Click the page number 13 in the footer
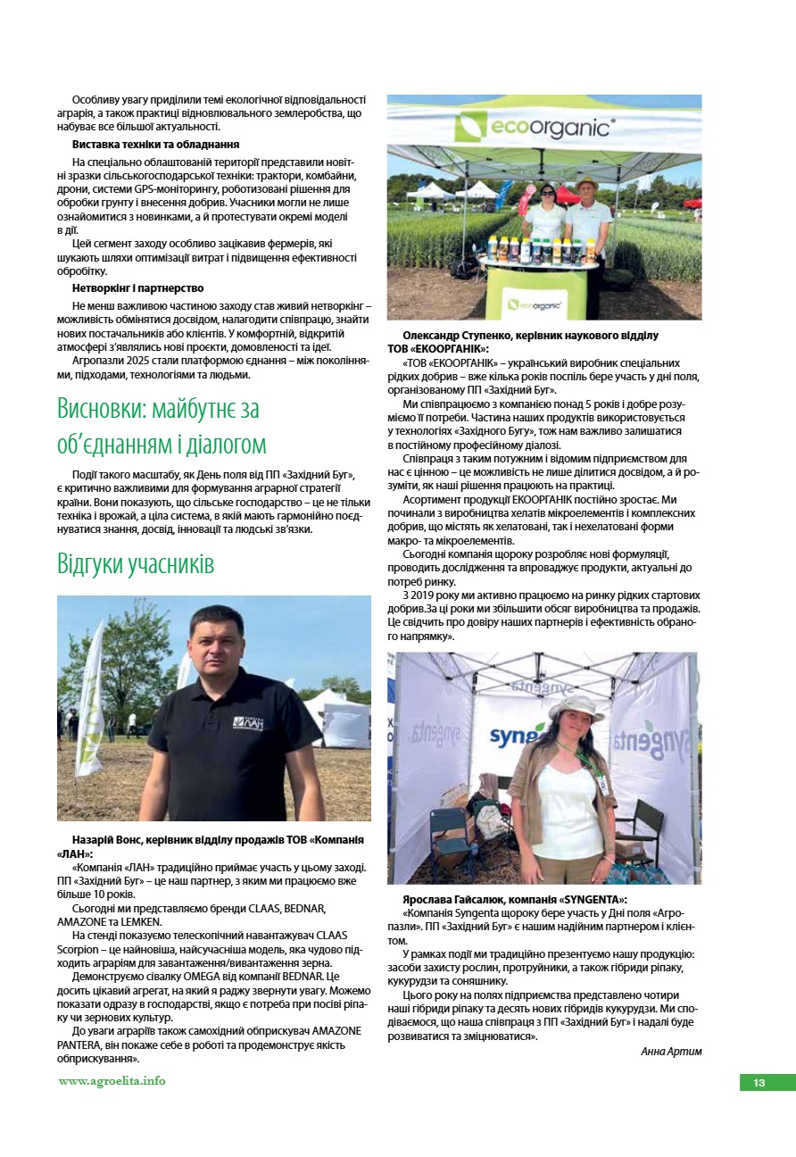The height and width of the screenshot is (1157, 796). [759, 1083]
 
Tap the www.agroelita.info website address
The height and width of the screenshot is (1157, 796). [112, 1080]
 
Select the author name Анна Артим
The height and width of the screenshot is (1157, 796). [671, 1051]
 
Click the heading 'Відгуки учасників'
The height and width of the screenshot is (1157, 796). [136, 564]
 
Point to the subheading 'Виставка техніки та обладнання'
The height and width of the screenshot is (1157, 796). [155, 144]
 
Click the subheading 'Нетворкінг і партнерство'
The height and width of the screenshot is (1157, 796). [137, 288]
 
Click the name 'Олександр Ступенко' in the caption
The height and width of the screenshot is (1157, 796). [457, 336]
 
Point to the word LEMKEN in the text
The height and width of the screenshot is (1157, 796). [139, 921]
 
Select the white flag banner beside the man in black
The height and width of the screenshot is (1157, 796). [90, 687]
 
